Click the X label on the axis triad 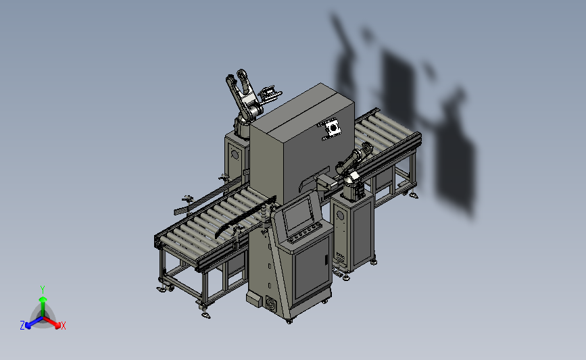coord(63,326)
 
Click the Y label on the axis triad coord(43,290)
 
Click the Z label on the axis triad coord(22,326)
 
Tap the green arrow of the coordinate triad coord(43,305)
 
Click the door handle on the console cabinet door coord(326,260)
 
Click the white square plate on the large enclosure coord(333,129)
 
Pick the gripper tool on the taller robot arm coord(269,93)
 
